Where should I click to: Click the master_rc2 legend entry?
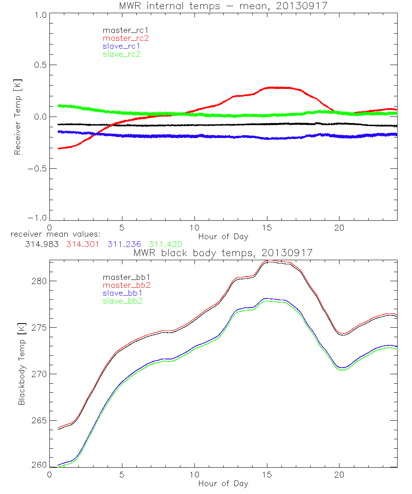[126, 38]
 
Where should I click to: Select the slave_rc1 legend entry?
[122, 46]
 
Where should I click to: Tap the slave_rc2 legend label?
[122, 54]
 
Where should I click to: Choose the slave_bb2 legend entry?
[122, 301]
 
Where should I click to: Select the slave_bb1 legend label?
[122, 293]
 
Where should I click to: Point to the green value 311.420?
[165, 244]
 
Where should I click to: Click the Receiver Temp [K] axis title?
[18, 117]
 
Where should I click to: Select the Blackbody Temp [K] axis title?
[21, 364]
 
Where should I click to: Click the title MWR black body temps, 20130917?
[223, 253]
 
